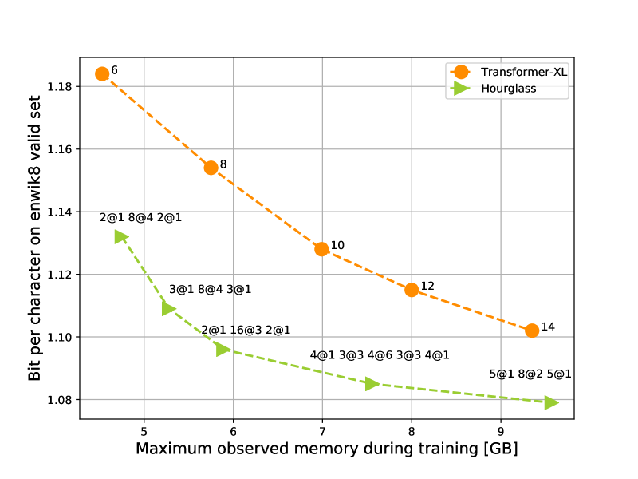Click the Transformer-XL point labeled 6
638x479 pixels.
coord(102,74)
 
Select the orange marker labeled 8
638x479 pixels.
coord(211,168)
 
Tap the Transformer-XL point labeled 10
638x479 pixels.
coord(321,249)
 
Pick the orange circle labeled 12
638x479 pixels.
coord(412,290)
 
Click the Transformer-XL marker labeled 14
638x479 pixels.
coord(532,331)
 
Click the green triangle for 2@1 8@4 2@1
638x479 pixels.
coord(120,236)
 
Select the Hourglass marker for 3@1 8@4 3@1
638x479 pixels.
coord(168,308)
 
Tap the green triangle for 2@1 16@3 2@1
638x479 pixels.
coord(223,349)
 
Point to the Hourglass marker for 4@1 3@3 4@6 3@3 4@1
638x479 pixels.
coord(372,384)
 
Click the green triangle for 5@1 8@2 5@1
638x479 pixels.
coord(551,402)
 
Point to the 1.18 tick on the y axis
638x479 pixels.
coord(60,86)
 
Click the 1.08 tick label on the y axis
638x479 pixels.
coord(60,400)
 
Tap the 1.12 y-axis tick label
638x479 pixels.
coord(60,275)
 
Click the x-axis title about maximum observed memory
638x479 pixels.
coord(326,449)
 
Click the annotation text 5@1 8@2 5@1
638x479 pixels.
coord(530,374)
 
